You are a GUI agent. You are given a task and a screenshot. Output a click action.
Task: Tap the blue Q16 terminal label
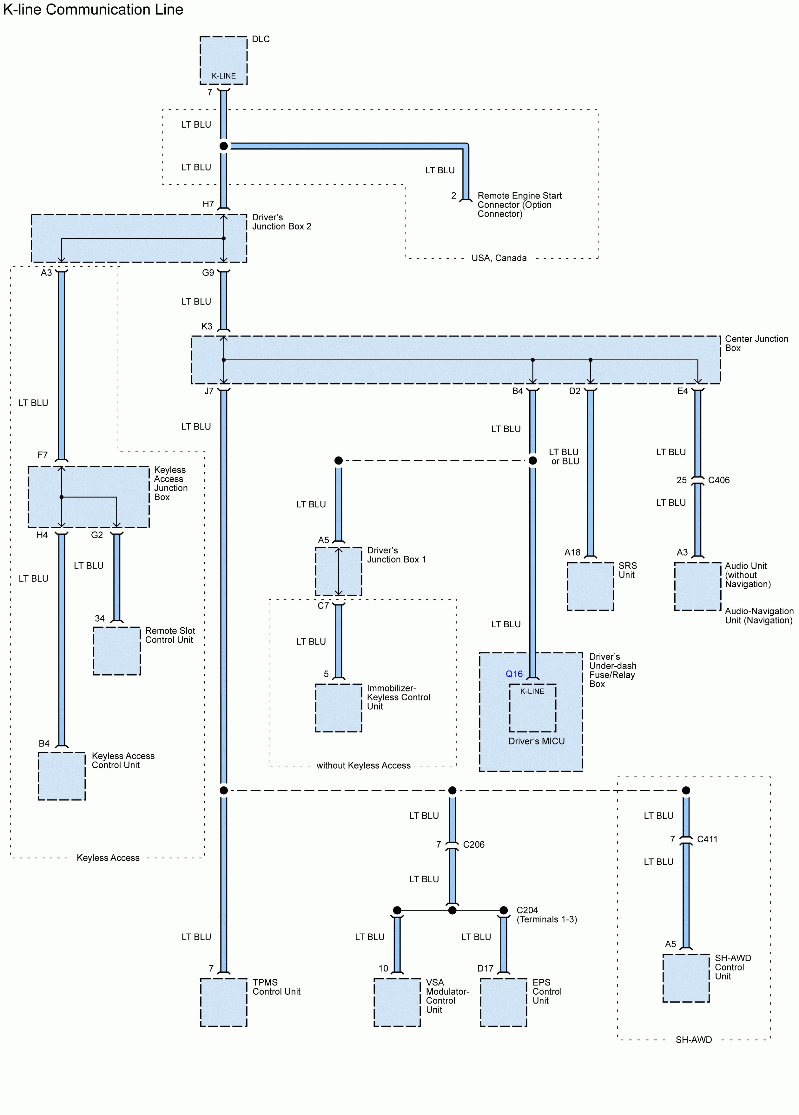(514, 674)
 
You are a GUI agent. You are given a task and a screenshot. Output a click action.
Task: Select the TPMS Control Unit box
(224, 1002)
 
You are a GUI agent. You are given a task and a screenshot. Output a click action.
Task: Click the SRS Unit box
(590, 586)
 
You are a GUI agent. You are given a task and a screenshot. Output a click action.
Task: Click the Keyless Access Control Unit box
(62, 776)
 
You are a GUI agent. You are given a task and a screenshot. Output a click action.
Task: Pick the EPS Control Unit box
(503, 1002)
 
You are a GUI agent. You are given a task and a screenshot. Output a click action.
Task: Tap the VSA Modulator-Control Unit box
(397, 1002)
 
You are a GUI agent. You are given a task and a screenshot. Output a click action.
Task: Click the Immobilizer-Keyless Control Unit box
(339, 708)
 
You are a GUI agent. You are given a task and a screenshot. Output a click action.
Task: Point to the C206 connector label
(474, 845)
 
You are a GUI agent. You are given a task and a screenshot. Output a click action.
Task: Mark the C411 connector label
(707, 839)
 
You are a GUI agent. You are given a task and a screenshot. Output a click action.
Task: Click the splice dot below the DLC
(224, 146)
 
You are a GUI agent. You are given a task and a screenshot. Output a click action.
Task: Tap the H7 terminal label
(208, 204)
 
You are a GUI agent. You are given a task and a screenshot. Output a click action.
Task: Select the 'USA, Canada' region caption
(499, 258)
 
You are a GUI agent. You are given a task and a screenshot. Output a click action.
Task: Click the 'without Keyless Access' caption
(363, 765)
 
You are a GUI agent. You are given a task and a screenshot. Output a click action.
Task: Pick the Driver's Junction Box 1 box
(339, 571)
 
